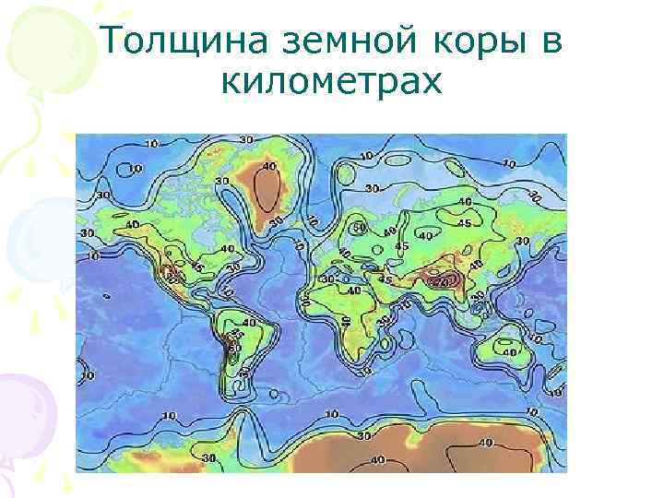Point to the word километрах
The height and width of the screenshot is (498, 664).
(332, 82)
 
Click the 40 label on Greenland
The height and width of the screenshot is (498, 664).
(268, 167)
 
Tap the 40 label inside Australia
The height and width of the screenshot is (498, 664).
(506, 351)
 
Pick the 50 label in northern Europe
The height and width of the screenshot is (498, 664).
(359, 227)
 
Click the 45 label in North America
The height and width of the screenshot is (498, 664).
(197, 268)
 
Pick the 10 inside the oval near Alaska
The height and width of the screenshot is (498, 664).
(136, 169)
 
